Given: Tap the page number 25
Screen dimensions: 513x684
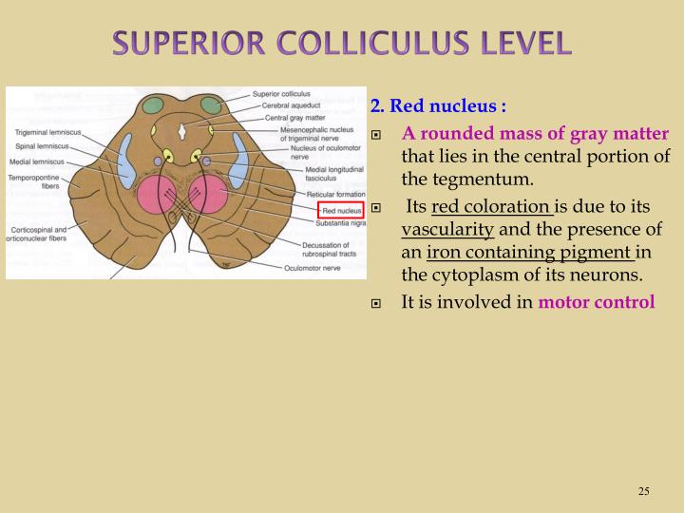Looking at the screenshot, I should (643, 491).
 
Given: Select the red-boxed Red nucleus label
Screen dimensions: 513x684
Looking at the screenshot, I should (340, 210).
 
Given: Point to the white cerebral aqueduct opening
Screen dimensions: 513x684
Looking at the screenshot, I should (185, 123).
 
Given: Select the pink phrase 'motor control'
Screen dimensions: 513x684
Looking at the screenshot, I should (597, 303).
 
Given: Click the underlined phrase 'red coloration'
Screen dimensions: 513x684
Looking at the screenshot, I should (492, 206).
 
